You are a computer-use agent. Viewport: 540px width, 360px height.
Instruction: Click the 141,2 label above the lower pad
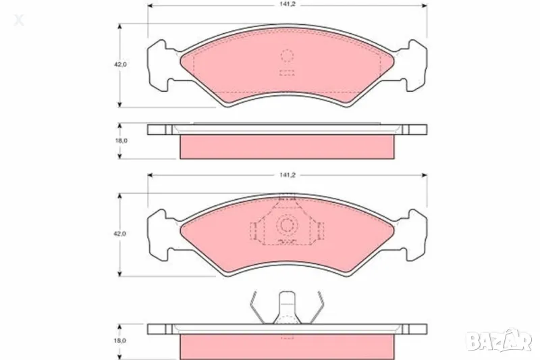[286, 174]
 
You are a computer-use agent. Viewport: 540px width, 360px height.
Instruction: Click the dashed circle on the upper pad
[287, 57]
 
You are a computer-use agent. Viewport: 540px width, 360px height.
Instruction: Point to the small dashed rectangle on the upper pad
[287, 73]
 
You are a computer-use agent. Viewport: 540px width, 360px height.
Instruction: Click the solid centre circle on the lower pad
[287, 226]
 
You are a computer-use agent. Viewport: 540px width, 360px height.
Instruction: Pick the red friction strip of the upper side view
[287, 147]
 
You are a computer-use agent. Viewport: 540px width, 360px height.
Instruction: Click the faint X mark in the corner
[18, 20]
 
